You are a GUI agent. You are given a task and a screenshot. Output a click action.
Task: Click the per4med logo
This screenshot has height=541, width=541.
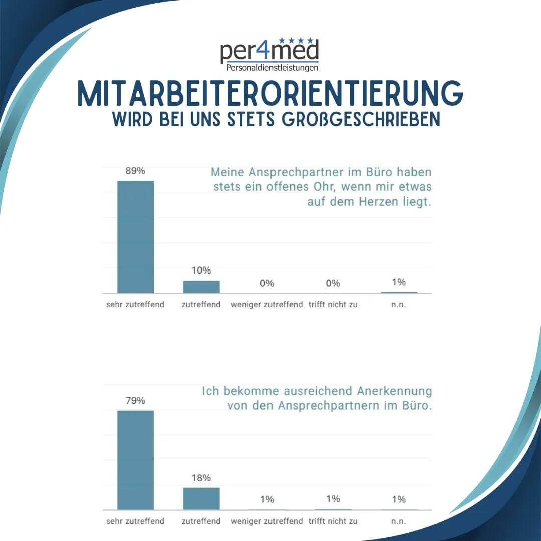(269, 52)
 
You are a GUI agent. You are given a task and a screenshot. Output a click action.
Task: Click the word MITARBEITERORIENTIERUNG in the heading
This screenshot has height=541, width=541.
(270, 93)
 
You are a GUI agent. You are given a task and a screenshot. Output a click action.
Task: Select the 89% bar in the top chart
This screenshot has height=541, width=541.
(135, 236)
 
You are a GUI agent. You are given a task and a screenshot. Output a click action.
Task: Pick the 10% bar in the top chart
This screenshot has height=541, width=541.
(201, 287)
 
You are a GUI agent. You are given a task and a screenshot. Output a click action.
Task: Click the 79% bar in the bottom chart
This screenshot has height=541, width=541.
(135, 460)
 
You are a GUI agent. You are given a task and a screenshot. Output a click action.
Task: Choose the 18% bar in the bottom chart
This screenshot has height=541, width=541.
(201, 498)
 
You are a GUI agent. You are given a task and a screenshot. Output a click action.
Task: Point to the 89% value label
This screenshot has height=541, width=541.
(135, 171)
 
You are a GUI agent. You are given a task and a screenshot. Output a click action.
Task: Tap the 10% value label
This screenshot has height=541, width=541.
(201, 270)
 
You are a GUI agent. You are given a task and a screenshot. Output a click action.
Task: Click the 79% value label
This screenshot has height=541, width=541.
(135, 400)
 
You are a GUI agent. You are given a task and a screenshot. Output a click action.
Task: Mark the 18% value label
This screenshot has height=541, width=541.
(201, 477)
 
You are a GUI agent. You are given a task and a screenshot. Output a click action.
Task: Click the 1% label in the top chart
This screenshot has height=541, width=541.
(399, 282)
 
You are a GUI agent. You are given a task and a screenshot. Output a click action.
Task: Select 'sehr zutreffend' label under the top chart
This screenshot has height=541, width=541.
(135, 304)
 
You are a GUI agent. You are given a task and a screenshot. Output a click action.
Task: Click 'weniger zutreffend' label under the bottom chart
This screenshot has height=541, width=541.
(267, 521)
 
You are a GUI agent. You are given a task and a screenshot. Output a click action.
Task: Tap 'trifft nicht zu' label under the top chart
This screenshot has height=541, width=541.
(333, 304)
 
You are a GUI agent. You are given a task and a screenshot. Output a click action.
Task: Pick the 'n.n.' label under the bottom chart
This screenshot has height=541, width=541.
(399, 521)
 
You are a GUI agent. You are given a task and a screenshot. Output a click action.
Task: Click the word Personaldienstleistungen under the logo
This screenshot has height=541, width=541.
(273, 67)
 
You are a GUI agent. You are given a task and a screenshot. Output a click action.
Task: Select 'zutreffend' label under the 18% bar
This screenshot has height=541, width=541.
(201, 521)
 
